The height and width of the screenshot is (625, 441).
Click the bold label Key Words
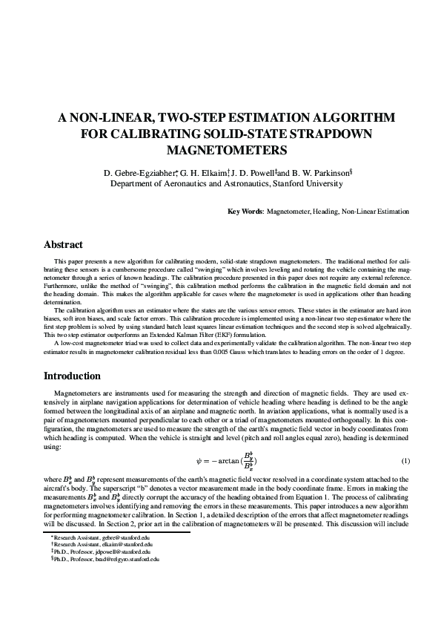tap(245, 212)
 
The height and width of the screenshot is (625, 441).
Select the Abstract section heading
tap(64, 245)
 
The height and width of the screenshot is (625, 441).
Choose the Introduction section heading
tap(72, 376)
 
